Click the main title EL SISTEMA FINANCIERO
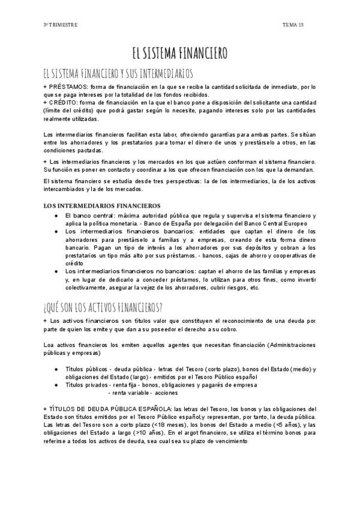179,53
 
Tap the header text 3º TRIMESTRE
60,25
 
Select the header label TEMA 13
293,25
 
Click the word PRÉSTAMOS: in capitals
68,87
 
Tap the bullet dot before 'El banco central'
56,215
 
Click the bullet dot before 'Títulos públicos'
56,369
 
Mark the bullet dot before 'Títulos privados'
56,385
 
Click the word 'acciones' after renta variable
166,393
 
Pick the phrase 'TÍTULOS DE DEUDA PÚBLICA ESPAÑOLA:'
111,409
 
